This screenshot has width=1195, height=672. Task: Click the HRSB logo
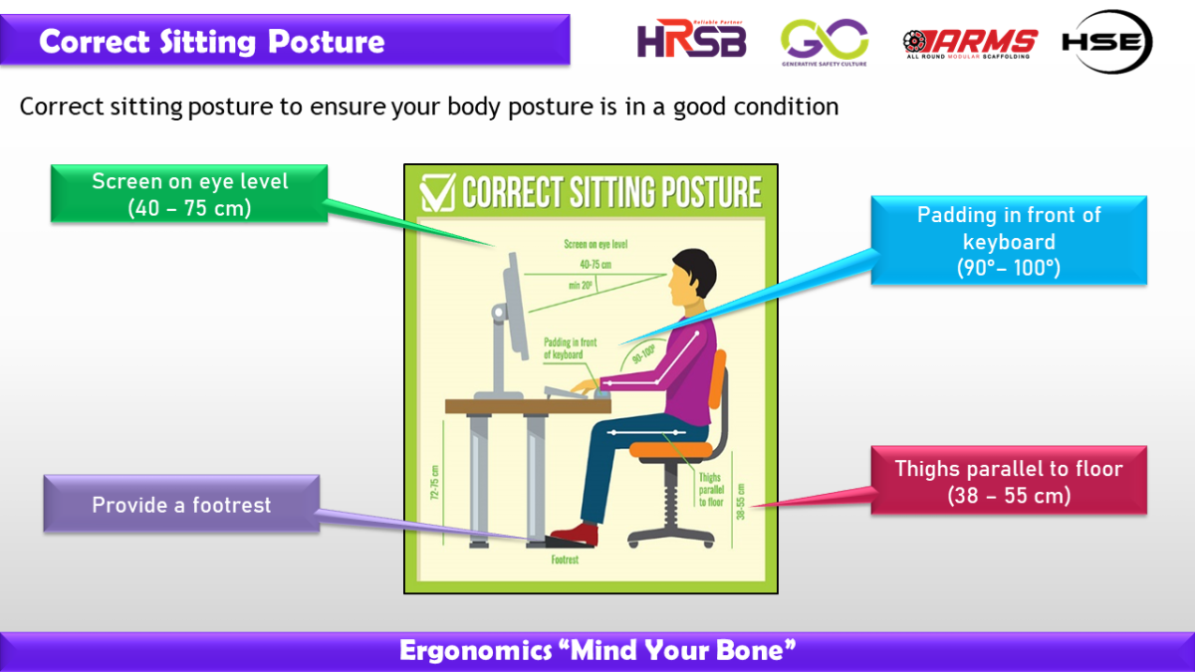pos(691,40)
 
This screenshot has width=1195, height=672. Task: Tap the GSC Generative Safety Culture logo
pos(824,42)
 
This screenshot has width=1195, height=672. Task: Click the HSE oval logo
pos(1105,42)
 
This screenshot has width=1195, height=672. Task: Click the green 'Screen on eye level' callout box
pos(189,194)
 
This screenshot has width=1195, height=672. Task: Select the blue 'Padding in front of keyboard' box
pos(1008,241)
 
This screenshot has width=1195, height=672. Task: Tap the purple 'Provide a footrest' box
pos(181,505)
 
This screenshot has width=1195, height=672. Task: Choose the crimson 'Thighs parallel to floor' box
pos(1008,481)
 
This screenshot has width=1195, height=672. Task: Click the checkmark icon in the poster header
pos(438,193)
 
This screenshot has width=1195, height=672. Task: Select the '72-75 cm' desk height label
pos(435,484)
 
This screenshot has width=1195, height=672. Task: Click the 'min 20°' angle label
pos(580,285)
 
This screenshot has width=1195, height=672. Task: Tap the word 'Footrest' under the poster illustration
pos(565,560)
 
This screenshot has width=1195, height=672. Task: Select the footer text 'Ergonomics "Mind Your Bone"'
pos(597,651)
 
